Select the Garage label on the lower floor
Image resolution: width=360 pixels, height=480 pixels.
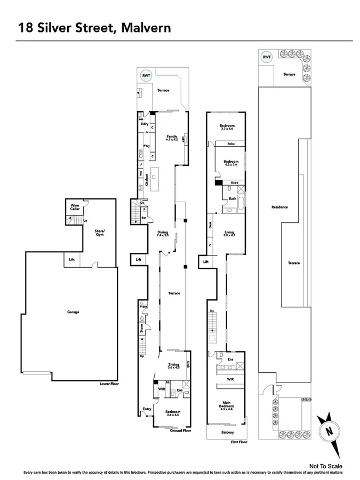(x=73, y=312)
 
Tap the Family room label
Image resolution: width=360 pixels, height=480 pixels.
(x=171, y=138)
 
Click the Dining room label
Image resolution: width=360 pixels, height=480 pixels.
(x=163, y=234)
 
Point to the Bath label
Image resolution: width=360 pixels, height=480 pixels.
(x=232, y=199)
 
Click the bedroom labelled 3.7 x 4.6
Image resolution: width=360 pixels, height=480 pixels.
(x=227, y=127)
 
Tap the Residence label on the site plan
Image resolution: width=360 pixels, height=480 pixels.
(x=279, y=207)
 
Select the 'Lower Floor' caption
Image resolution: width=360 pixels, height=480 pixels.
(x=108, y=383)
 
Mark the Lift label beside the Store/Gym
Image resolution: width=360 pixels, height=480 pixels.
(x=72, y=260)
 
